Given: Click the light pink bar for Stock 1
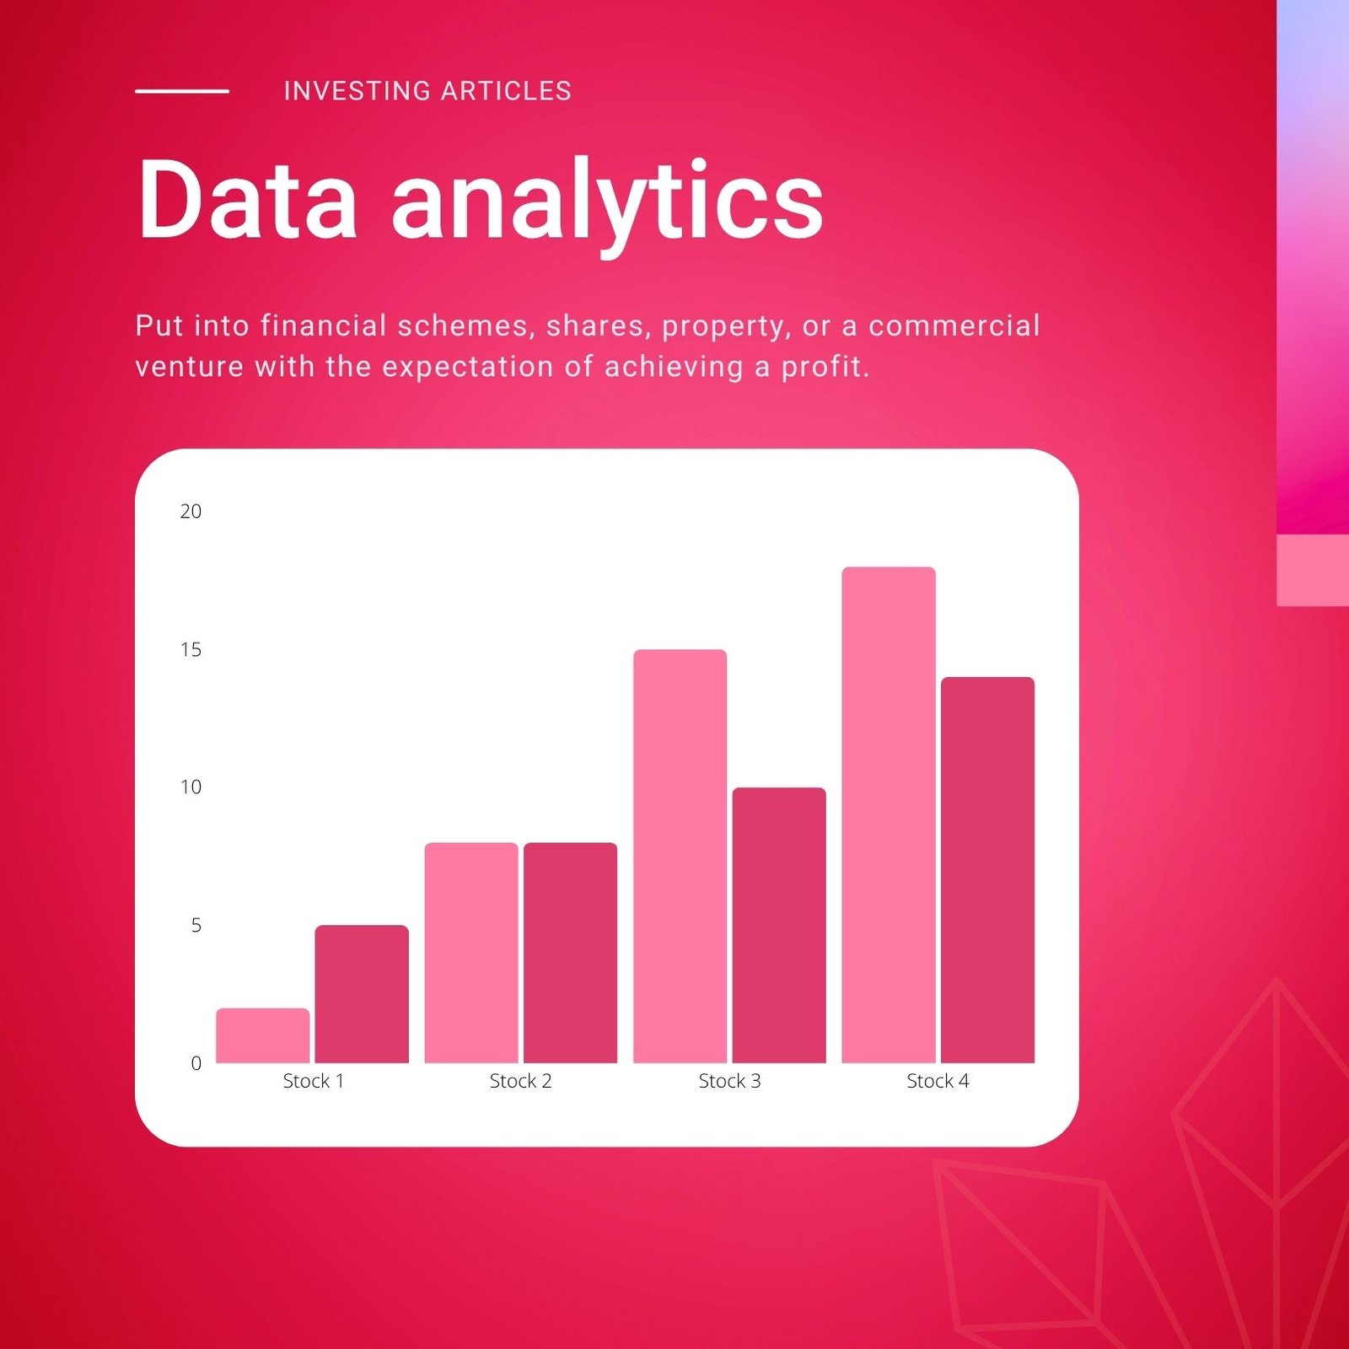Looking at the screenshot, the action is coord(262,1035).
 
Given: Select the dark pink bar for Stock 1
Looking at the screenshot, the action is coord(362,994).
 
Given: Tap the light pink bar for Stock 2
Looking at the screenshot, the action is coord(471,953).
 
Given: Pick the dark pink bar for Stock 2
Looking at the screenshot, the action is coord(570,953).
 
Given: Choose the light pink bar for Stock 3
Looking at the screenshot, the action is coord(680,856).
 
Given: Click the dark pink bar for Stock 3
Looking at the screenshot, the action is coord(779,925).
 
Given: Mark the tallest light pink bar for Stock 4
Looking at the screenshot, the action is coord(889,814).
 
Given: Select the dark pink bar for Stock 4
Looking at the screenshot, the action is coord(987,870).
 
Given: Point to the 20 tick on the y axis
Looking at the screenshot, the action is coord(191,511).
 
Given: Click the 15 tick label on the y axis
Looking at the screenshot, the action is coord(191,649).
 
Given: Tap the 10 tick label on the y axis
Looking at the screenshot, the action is coord(191,787).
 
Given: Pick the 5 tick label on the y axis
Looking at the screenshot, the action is coord(196,925).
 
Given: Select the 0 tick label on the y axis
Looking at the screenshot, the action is coord(196,1063).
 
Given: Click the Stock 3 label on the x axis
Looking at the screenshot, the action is coord(729,1081).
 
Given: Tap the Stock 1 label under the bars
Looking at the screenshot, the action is coord(313,1081).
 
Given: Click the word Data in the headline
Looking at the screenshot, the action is coord(248,200).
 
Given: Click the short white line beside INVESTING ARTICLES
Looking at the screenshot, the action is coord(182,91).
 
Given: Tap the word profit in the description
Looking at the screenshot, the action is coord(825,368).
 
